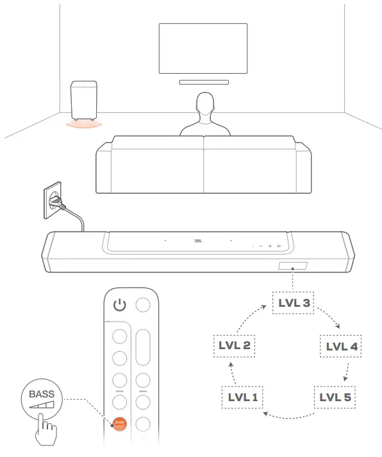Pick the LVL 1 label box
pyautogui.click(x=243, y=397)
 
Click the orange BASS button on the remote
pyautogui.click(x=119, y=423)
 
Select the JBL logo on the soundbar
pyautogui.click(x=197, y=241)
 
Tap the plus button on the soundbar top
pyautogui.click(x=270, y=246)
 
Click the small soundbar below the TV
pyautogui.click(x=203, y=82)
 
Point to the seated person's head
pyautogui.click(x=205, y=104)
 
